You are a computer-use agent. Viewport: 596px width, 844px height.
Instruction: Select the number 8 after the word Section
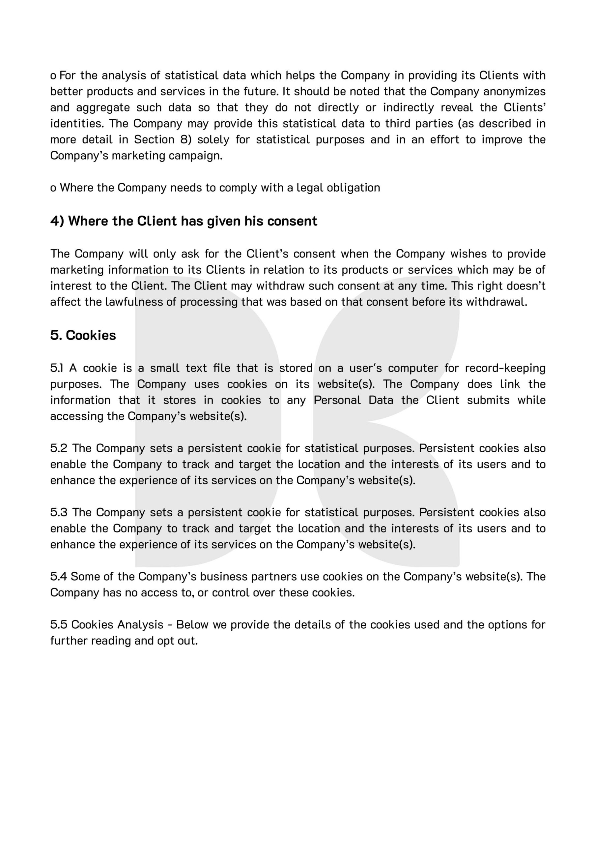184,140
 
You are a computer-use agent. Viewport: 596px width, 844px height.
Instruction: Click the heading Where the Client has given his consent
184,221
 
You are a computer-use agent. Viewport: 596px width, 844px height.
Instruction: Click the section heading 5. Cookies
83,335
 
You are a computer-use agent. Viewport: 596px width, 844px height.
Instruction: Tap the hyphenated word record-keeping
505,368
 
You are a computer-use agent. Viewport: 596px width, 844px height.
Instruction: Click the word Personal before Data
337,400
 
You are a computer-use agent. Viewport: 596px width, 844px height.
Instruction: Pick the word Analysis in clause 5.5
140,624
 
